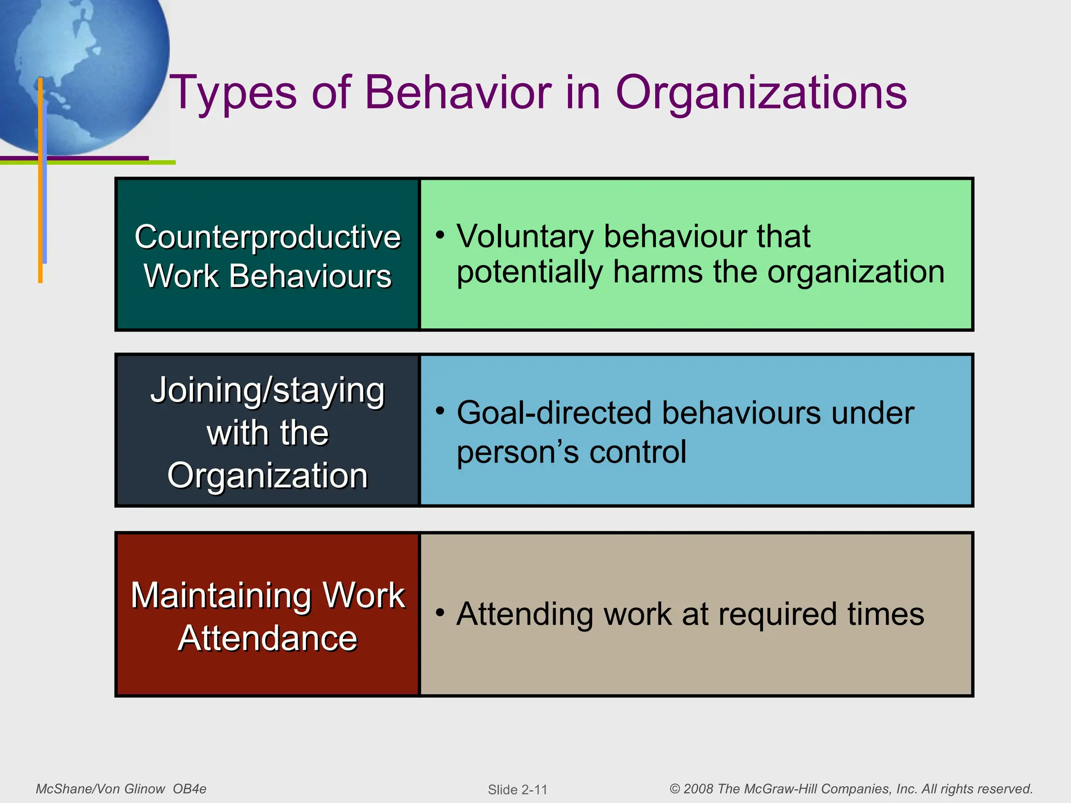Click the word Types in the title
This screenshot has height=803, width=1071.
point(233,93)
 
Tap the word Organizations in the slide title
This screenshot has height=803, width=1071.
point(761,93)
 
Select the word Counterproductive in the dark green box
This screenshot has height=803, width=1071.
point(267,237)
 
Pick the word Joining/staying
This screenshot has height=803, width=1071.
point(267,391)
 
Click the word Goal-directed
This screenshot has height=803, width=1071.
point(554,413)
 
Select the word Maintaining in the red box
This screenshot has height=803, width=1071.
point(222,595)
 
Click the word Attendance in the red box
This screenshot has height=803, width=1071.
point(267,638)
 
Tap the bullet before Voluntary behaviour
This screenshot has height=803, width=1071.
point(440,235)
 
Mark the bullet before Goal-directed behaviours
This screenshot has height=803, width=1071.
point(440,411)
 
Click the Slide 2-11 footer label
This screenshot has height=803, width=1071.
point(517,789)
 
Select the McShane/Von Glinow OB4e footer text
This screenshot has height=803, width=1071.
point(121,789)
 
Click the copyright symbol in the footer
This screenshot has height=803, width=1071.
point(675,789)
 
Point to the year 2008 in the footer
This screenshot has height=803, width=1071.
point(698,789)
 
